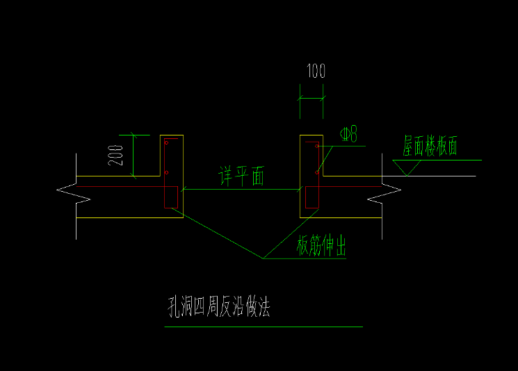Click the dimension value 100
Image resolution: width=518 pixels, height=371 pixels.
(315, 70)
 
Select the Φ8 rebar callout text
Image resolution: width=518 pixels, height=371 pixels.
(348, 133)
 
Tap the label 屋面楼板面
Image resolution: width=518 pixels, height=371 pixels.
(430, 146)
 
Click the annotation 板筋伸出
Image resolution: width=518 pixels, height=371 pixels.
(321, 247)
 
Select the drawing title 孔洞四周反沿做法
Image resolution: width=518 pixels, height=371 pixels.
(218, 306)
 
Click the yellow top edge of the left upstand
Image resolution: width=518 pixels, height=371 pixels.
(171, 135)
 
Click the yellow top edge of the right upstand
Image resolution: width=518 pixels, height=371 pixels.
(311, 135)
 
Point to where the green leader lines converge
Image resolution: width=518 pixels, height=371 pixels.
(264, 258)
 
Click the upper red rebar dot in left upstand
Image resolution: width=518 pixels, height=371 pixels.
(166, 142)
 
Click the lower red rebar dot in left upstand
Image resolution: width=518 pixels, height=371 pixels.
(166, 172)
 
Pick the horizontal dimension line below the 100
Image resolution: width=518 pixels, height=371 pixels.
(311, 99)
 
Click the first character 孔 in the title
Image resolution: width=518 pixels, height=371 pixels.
(172, 306)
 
